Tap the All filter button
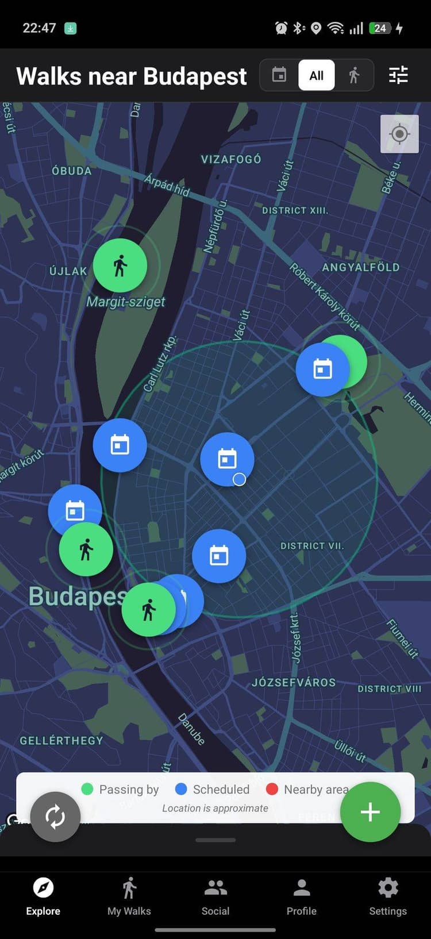pos(316,75)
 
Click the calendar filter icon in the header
pos(279,75)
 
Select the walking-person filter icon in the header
pos(354,75)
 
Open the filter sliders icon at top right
pos(398,75)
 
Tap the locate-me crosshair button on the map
pos(399,134)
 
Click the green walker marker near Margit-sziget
pos(120,265)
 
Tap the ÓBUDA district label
pos(72,171)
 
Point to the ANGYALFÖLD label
pos(360,267)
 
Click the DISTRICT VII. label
pos(312,546)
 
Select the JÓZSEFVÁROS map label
pos(294,683)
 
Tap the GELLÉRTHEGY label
pos(61,741)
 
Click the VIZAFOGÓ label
pos(231,159)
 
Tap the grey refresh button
pos(55,817)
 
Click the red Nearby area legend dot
pos(272,789)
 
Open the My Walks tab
pos(129,896)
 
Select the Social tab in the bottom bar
pos(215,896)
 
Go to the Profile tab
pos(302,896)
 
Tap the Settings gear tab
pos(388,896)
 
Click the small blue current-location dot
pos(240,479)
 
